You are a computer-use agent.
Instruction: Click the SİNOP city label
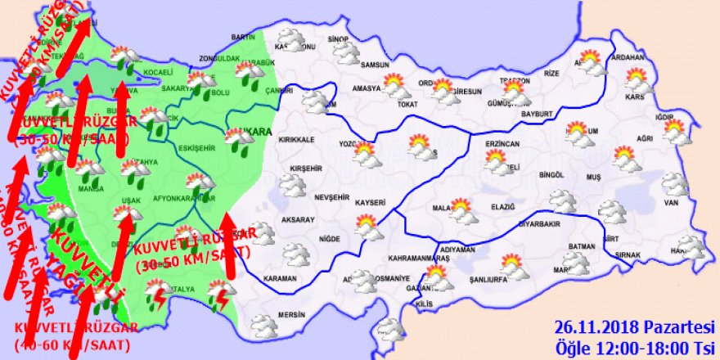(x=338, y=39)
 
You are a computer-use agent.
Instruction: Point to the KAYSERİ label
(x=371, y=200)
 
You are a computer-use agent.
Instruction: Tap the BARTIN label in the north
(x=243, y=38)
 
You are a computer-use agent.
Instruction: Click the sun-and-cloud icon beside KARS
(x=637, y=80)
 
